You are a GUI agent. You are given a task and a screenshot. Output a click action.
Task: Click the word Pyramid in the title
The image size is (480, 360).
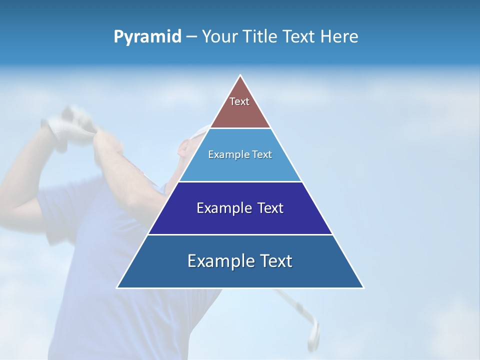(x=147, y=37)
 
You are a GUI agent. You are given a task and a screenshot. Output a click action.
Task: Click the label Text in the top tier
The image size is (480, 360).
(x=239, y=101)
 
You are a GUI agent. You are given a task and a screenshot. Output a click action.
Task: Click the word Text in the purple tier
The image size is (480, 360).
(x=270, y=208)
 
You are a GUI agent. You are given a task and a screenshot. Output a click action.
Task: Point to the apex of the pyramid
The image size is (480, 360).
(x=240, y=76)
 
